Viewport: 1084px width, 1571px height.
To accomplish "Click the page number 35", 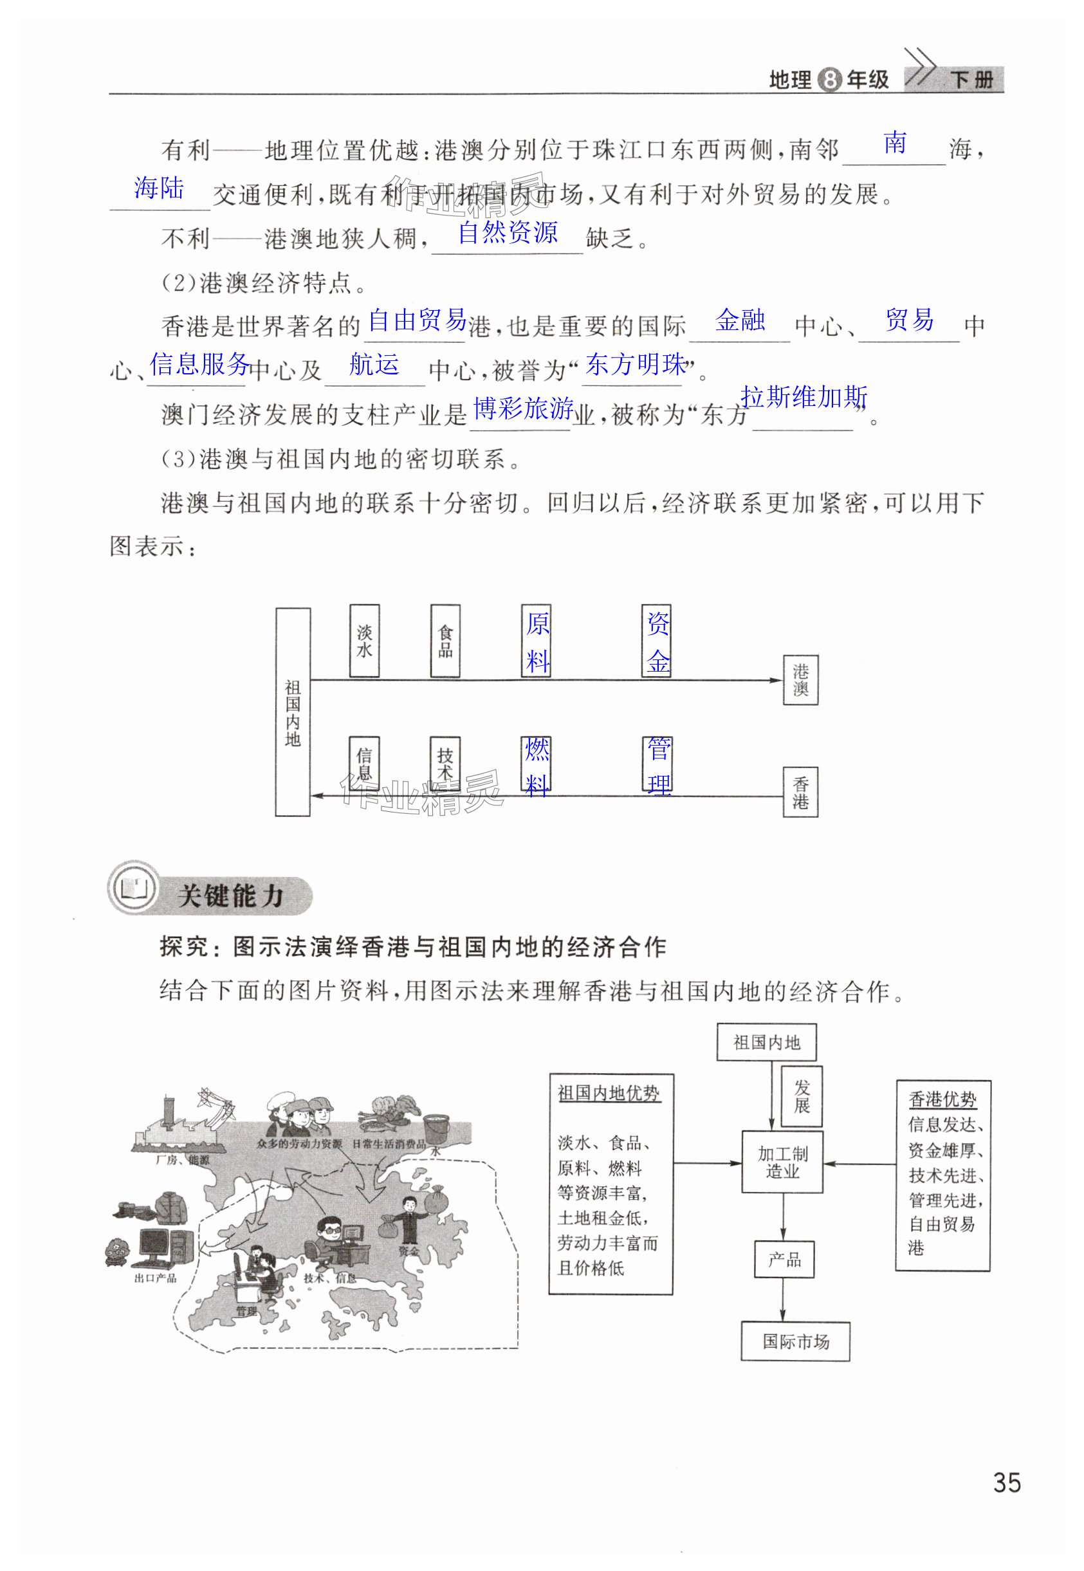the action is [1006, 1482].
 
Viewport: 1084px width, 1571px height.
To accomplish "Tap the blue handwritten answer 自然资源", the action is [508, 233].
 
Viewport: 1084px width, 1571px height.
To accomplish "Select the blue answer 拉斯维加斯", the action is [804, 397].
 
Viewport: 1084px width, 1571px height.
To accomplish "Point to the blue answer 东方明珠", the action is [636, 365].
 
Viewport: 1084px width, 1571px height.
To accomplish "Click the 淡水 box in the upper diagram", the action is [365, 641].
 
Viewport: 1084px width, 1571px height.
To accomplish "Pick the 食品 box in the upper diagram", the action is [445, 641].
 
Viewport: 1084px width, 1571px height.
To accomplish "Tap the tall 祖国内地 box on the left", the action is [293, 712].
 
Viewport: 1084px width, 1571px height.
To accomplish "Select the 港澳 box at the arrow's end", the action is [801, 680].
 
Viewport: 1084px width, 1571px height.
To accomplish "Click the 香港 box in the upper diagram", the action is [801, 792].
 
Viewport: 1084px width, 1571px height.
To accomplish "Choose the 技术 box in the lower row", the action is [445, 765].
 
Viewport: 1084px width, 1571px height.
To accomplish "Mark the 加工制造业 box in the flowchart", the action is [782, 1162].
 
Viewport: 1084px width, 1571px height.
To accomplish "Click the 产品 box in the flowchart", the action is [784, 1260].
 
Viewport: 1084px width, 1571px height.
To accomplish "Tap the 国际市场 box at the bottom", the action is [795, 1341].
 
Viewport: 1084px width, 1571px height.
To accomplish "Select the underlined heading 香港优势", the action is [942, 1099].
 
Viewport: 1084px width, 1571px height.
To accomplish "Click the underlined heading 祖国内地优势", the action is [609, 1094].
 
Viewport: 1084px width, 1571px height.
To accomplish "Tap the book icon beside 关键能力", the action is [134, 888].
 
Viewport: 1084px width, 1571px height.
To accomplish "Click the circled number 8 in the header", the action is [829, 80].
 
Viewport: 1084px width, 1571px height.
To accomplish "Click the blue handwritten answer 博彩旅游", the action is [523, 409].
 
